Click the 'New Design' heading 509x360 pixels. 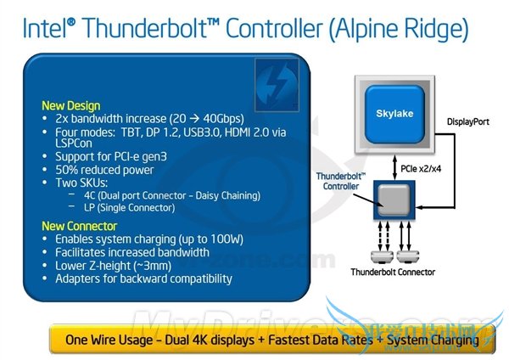point(71,105)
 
